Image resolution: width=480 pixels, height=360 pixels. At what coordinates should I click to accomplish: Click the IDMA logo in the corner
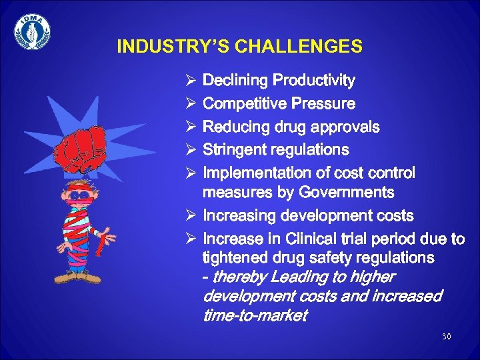[x=32, y=31]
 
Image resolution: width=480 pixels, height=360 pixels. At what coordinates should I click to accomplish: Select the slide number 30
[x=446, y=337]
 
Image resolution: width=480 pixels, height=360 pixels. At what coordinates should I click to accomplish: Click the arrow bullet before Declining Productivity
[x=190, y=81]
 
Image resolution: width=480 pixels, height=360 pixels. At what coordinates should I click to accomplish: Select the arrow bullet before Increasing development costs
[x=190, y=216]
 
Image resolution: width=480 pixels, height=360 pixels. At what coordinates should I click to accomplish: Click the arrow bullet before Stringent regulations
[x=190, y=149]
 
